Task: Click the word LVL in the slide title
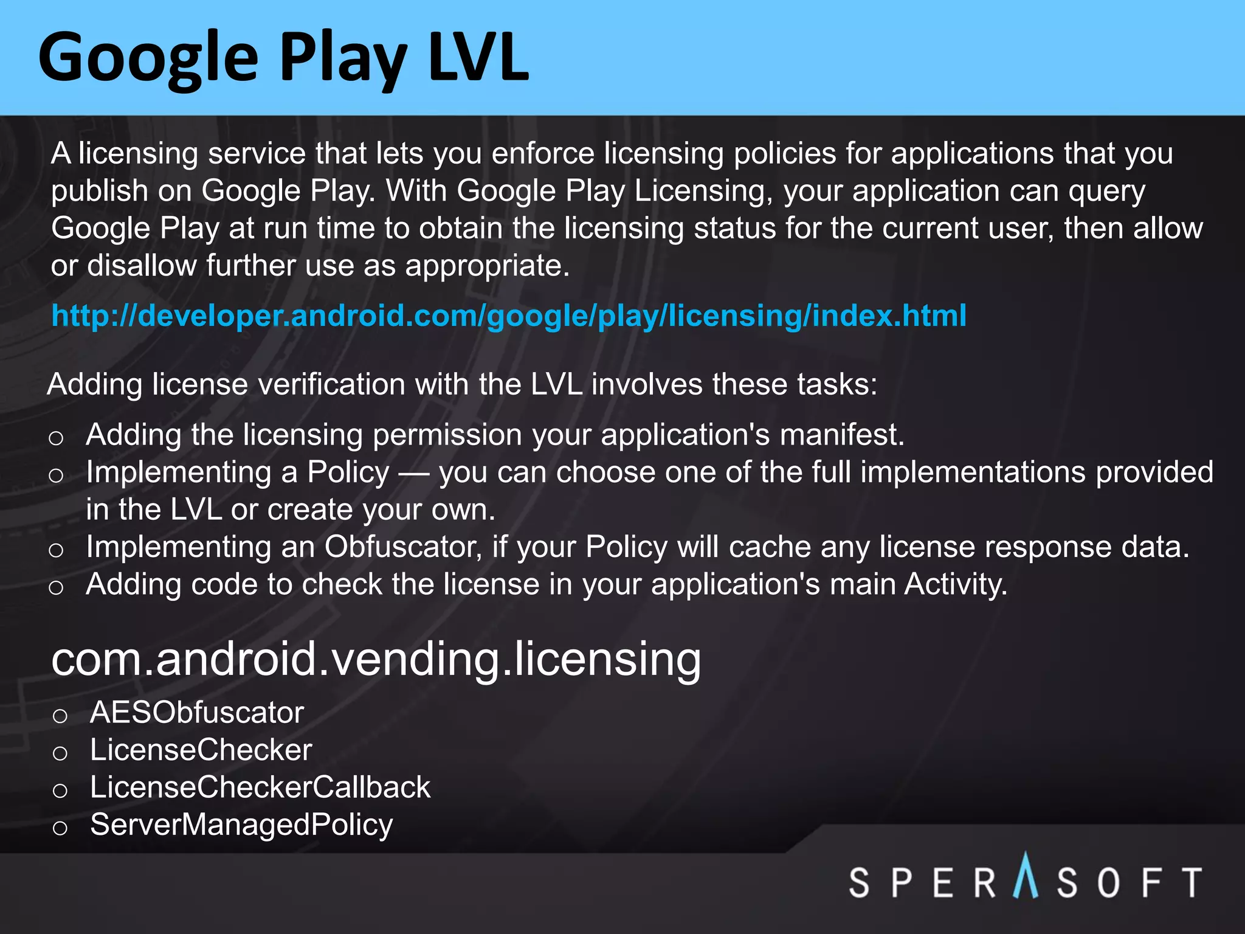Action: coord(478,58)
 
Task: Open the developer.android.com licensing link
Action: coord(508,316)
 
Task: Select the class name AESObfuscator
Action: coord(196,712)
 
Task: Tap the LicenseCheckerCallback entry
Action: coord(260,787)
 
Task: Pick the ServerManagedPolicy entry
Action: coord(241,825)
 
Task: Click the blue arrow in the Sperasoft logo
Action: coord(1026,876)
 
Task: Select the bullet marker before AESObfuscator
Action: coord(60,716)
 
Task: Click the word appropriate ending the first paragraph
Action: coord(487,266)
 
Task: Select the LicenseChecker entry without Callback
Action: coord(201,750)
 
